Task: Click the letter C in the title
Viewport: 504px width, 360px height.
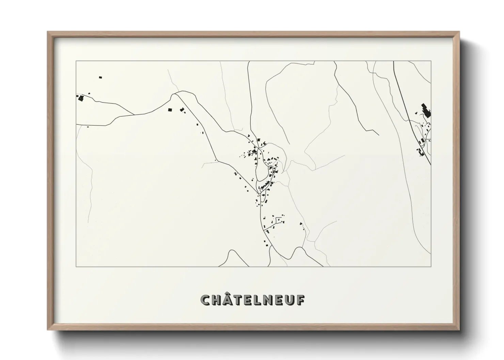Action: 206,300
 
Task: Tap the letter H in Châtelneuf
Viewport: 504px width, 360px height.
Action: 217,300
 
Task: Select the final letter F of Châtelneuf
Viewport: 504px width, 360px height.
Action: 300,300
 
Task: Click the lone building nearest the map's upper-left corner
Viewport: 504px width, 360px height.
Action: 100,78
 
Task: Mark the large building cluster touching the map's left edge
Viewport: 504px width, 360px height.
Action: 81,98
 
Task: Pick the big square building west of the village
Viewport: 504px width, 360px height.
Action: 170,110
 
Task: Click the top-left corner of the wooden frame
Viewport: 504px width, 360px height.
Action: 48,32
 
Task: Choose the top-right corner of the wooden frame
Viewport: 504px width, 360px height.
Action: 459,32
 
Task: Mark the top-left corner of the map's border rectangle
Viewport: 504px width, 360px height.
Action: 76,61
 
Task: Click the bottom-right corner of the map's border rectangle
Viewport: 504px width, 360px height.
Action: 431,267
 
